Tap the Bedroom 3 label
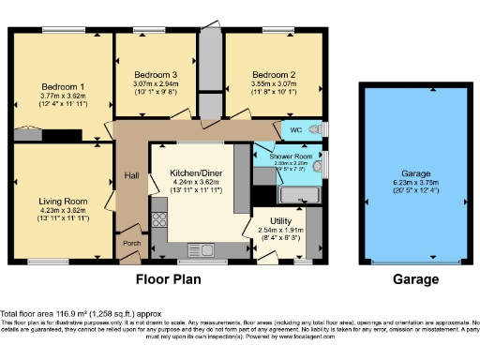tap(156, 74)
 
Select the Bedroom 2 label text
tap(274, 74)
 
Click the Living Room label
tap(63, 201)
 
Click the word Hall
tap(130, 175)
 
